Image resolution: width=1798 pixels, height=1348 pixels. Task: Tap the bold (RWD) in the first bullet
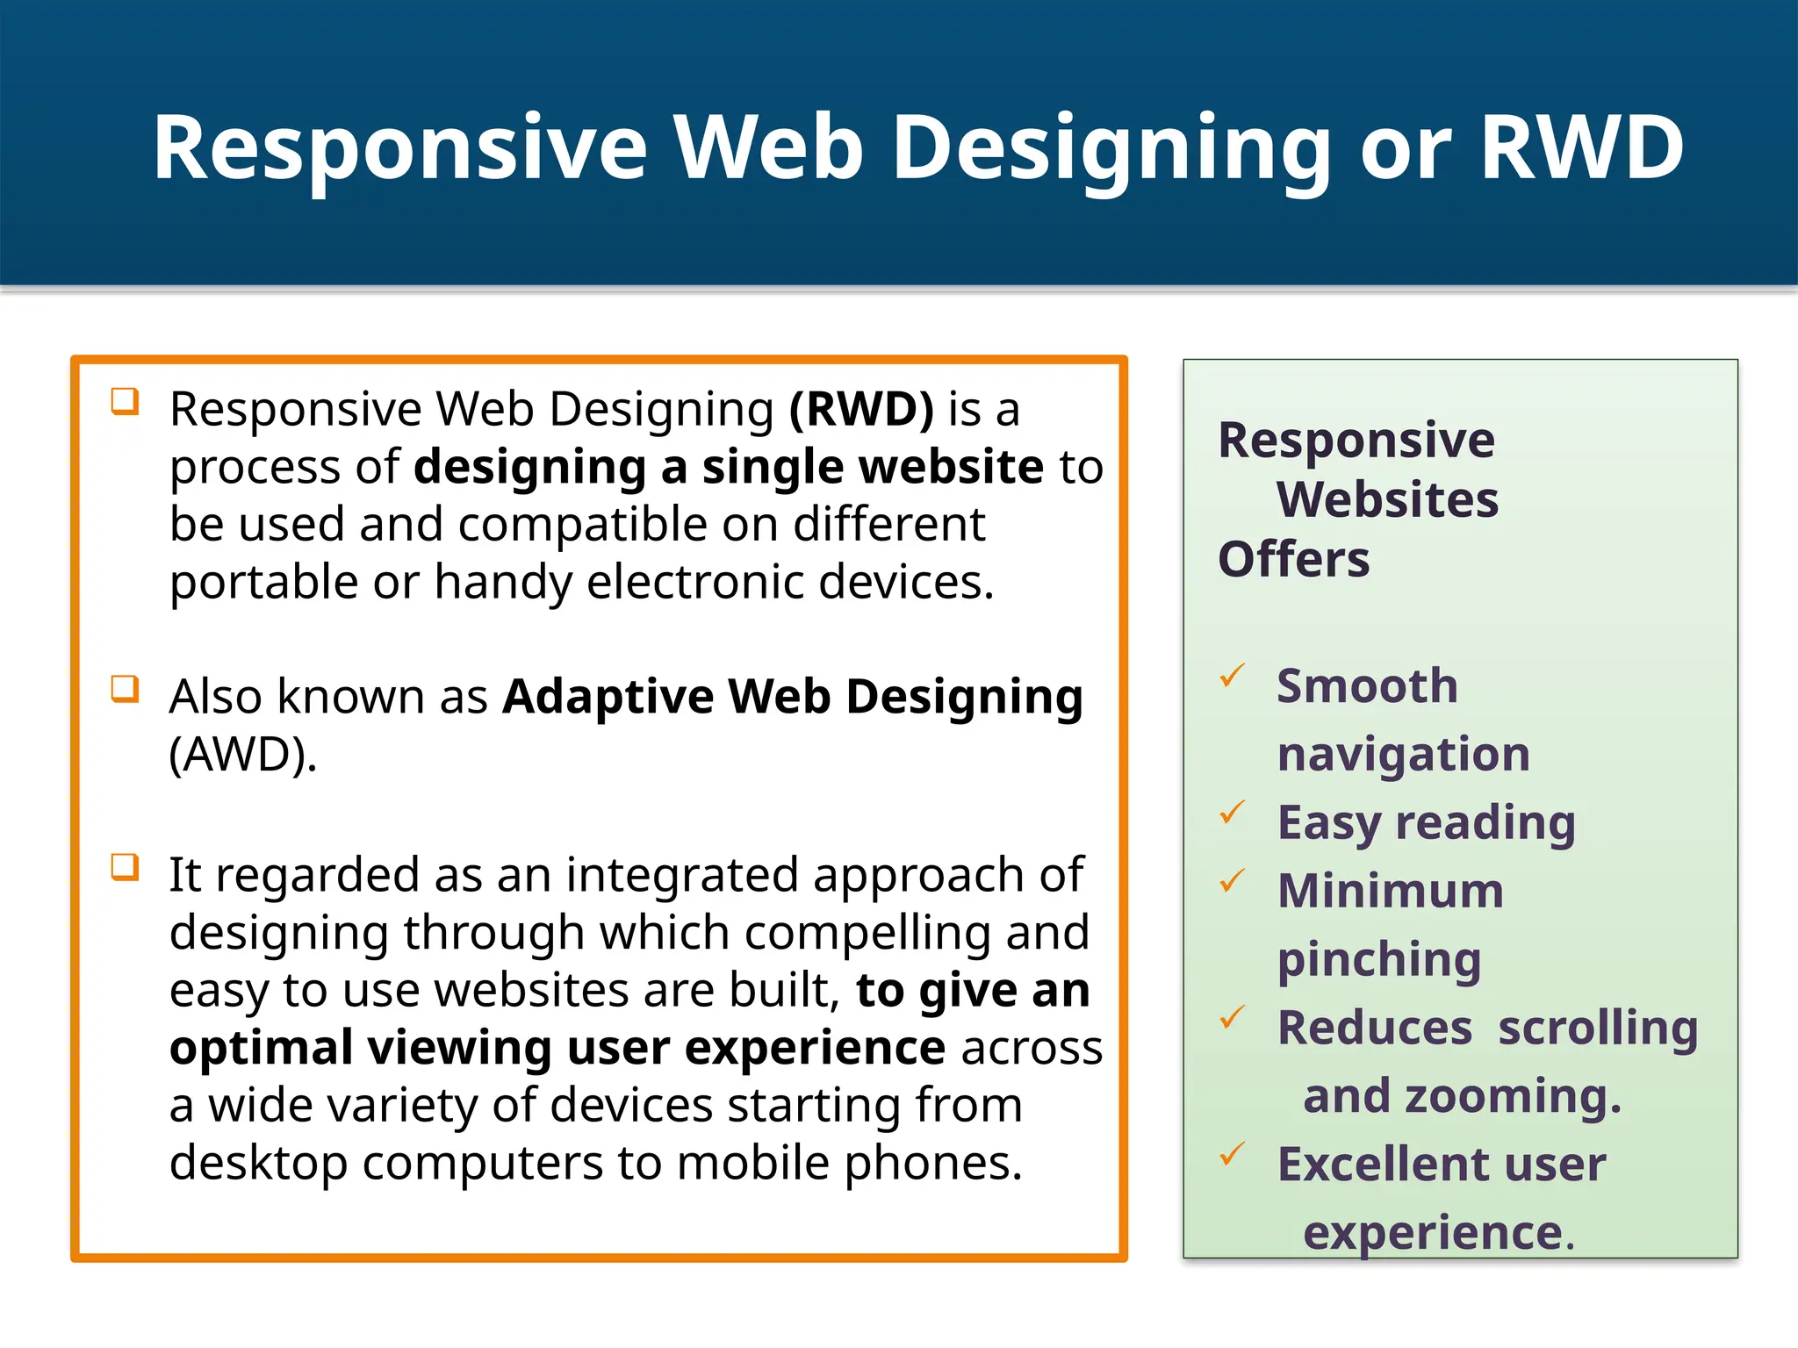[861, 409]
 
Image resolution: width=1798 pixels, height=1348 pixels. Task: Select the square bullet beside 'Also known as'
[125, 689]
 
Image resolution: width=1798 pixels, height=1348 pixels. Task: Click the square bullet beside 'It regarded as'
[125, 867]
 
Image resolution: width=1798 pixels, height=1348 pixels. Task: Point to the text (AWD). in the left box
[242, 754]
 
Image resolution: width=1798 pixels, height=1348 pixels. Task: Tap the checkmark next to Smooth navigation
[1233, 677]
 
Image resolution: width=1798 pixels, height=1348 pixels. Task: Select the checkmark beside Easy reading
[1233, 813]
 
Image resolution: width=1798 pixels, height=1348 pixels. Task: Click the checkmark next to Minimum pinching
[1233, 880]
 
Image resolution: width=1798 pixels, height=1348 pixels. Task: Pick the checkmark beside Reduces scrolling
[1233, 1018]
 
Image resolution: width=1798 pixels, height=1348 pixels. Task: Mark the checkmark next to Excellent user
[1233, 1154]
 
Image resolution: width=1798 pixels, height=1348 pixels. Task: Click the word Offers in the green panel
[1293, 559]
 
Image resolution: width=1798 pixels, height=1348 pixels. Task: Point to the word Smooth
[1367, 685]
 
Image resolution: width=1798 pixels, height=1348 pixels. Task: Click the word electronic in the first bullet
[694, 582]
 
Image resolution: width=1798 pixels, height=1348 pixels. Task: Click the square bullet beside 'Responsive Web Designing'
[125, 402]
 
